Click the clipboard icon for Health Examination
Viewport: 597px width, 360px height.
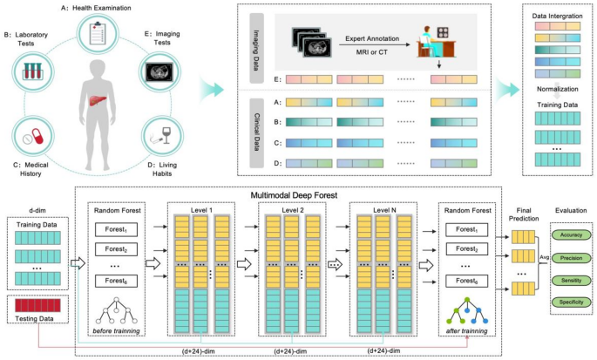(x=98, y=33)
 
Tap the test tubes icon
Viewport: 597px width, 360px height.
(x=33, y=71)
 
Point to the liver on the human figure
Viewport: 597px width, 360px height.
(x=98, y=100)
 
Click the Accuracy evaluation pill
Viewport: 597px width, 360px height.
(x=571, y=235)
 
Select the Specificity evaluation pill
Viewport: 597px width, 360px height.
(x=571, y=302)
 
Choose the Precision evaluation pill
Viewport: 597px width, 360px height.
(x=571, y=258)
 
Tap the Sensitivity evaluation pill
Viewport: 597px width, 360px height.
(x=571, y=281)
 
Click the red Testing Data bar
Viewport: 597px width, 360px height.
(x=37, y=306)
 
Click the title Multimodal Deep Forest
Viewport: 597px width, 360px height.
(x=294, y=195)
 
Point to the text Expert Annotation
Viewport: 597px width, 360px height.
(x=372, y=38)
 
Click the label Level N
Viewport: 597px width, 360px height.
(x=384, y=210)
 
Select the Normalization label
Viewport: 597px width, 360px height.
(x=558, y=89)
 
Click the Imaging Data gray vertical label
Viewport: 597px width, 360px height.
(x=256, y=49)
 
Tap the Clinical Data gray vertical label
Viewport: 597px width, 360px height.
(x=256, y=133)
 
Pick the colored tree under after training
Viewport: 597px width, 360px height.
(x=467, y=310)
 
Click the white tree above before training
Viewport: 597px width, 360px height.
(x=116, y=310)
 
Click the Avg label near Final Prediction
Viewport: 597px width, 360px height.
(x=545, y=257)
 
